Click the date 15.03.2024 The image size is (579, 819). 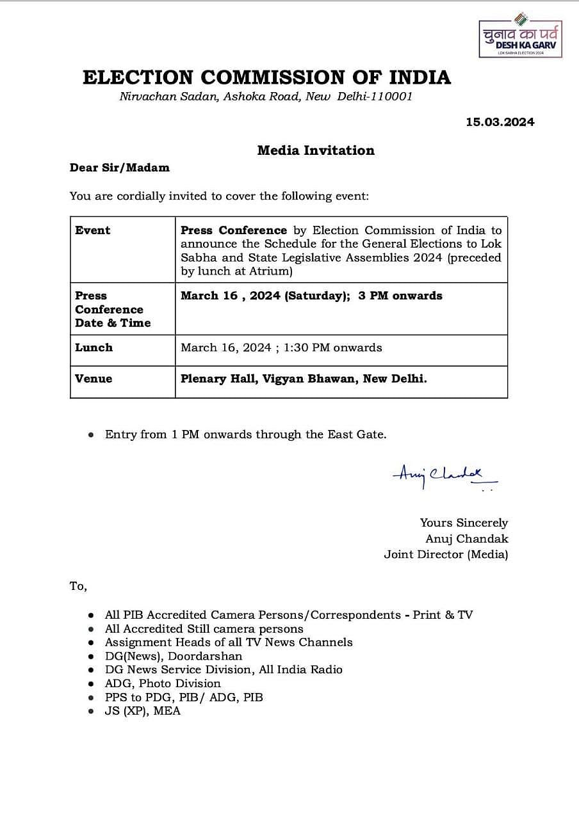[x=500, y=122]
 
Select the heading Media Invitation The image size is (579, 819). [x=316, y=150]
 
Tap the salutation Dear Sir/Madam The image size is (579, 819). [x=120, y=168]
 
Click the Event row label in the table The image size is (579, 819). [x=93, y=230]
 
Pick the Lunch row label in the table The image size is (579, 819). [x=94, y=347]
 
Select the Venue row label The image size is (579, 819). [x=94, y=379]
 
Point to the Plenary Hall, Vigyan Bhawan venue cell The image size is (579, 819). [x=304, y=379]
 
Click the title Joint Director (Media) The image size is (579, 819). [x=446, y=555]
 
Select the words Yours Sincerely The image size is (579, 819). [x=464, y=523]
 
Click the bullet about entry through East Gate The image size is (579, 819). [x=245, y=434]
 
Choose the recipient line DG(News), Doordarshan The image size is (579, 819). [x=174, y=656]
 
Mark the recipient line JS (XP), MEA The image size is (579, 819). [x=143, y=711]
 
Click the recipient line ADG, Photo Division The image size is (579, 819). [x=163, y=683]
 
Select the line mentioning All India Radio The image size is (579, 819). [x=224, y=669]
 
